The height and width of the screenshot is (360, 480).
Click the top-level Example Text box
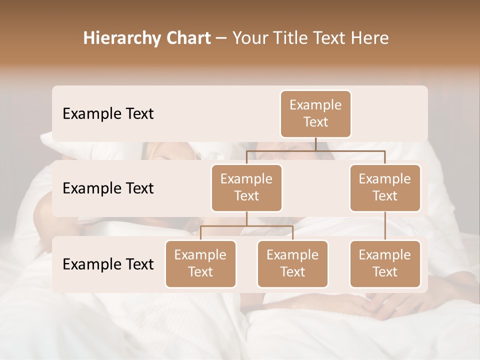point(315,113)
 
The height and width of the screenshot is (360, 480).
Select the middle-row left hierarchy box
point(246,187)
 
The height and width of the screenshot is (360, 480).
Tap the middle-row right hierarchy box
point(385,187)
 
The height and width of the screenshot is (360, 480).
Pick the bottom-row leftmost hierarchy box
point(200,263)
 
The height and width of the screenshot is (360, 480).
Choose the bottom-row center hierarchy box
point(292,263)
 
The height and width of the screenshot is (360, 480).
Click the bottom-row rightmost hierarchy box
point(385,263)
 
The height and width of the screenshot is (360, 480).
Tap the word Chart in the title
point(186,38)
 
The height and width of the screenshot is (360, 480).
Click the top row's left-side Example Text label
point(108,114)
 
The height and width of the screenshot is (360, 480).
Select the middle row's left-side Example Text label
point(108,188)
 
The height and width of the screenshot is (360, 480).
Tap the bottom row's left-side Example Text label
point(108,264)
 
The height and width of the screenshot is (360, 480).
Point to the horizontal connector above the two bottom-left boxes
point(246,226)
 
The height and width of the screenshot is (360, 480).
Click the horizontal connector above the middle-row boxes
point(315,150)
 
